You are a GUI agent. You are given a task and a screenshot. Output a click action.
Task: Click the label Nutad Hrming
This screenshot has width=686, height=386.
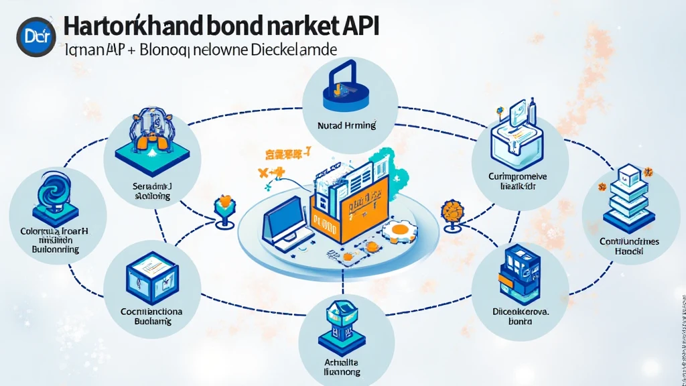tap(347, 125)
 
